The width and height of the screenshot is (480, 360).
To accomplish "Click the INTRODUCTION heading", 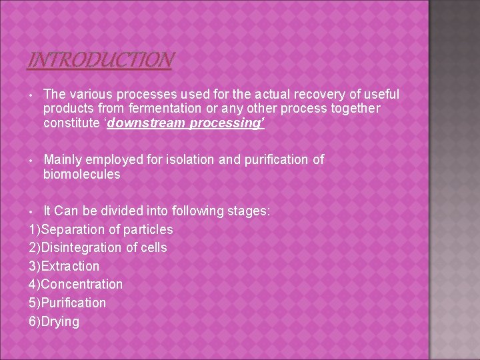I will pos(100,61).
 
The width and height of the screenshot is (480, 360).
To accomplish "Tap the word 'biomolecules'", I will pos(81,174).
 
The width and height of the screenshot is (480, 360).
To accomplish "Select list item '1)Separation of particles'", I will pos(101,229).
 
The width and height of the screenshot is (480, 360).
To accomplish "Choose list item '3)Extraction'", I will pos(64,266).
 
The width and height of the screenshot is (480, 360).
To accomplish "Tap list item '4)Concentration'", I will pos(75,284).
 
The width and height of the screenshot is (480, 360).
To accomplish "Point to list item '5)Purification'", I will pos(67,303).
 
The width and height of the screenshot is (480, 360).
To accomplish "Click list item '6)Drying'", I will pos(54,321).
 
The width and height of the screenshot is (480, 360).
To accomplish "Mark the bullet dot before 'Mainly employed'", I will pos(31,160).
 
